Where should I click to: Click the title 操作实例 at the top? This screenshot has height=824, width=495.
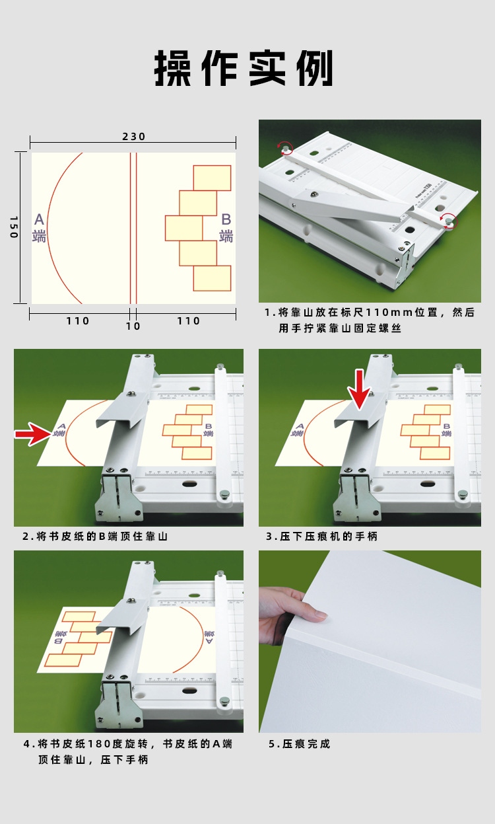click(244, 69)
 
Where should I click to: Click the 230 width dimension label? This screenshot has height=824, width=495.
click(133, 137)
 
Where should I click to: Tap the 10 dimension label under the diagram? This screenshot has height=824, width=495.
click(133, 326)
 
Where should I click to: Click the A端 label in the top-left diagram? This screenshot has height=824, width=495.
click(40, 227)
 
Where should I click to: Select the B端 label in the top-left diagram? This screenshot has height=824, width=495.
click(226, 227)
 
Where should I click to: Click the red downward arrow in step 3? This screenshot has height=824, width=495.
click(359, 390)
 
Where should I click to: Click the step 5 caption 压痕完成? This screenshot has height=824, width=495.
click(299, 744)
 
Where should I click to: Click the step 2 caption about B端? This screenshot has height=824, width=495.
click(95, 537)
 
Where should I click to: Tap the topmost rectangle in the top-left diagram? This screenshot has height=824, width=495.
click(212, 178)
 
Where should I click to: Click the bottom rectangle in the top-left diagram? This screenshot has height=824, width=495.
click(212, 278)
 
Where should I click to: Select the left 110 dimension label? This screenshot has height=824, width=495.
click(77, 321)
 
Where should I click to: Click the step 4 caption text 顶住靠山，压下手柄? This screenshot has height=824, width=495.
click(93, 760)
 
